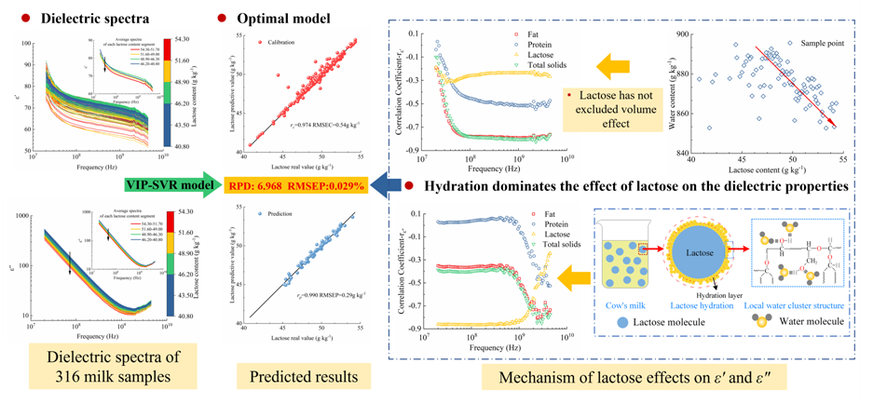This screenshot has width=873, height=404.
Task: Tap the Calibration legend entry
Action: [280, 43]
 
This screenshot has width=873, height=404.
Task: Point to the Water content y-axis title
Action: [671, 93]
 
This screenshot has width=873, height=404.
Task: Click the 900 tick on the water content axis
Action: [683, 35]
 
